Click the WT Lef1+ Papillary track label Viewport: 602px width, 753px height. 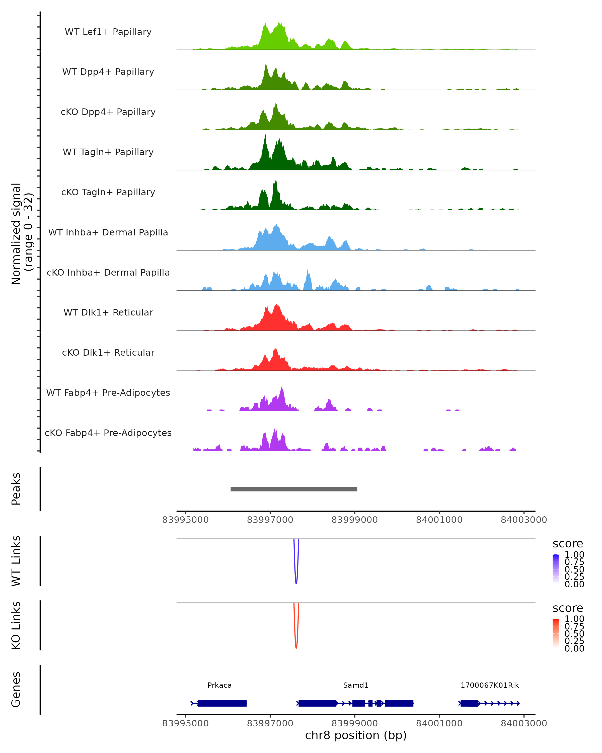[108, 32]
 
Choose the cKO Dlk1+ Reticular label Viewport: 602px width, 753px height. [108, 352]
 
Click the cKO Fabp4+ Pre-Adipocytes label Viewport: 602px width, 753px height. [108, 433]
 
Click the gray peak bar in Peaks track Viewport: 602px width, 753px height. [294, 489]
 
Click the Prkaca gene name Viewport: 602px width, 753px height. [219, 685]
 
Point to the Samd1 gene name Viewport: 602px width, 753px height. [356, 685]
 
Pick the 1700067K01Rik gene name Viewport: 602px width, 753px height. [490, 685]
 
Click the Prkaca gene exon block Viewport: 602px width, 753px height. [222, 703]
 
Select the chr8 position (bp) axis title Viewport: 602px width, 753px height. [356, 735]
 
